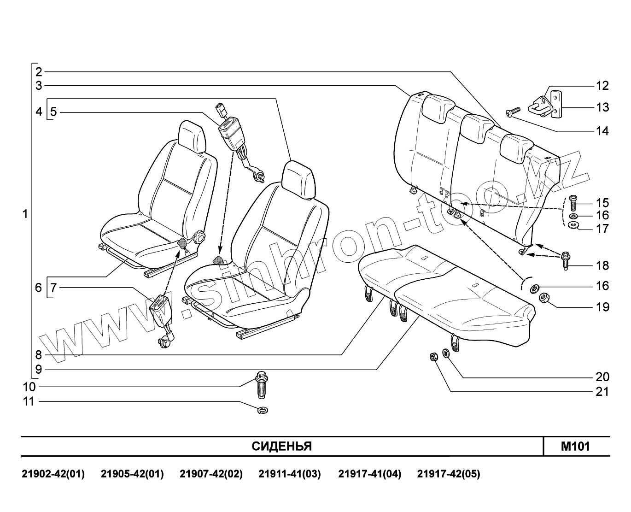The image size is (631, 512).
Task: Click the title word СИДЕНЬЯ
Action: tap(281, 446)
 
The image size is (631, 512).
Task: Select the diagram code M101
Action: tap(575, 446)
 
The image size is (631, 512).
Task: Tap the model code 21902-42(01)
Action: tap(53, 474)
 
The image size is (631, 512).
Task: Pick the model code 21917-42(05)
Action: tap(448, 474)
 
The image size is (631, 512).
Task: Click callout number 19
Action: tap(602, 306)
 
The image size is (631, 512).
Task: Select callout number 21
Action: tap(602, 392)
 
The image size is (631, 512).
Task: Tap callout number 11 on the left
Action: tap(29, 401)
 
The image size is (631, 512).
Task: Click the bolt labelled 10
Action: tap(262, 385)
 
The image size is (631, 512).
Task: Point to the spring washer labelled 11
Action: tap(263, 409)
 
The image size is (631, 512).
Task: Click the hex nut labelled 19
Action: tap(544, 298)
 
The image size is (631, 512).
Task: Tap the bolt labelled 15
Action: tap(573, 203)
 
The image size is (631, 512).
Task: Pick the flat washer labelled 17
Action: tap(573, 225)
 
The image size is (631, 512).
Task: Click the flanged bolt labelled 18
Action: tap(566, 260)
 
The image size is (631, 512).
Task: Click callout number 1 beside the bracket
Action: tap(25, 214)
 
